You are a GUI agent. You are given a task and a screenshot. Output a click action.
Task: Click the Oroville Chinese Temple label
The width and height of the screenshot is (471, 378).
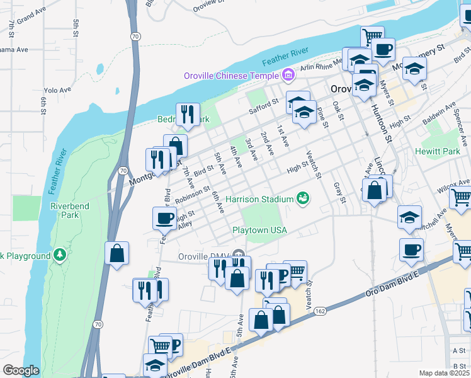pos(230,76)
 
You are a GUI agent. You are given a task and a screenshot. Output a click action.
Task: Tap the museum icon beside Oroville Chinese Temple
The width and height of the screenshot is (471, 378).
pos(288,76)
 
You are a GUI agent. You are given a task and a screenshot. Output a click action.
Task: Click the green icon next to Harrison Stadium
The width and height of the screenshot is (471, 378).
pos(303,199)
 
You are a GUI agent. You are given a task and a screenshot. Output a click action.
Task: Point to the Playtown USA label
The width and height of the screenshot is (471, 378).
pos(259,231)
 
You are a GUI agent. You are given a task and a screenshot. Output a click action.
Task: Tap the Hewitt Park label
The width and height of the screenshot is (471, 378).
pos(438,152)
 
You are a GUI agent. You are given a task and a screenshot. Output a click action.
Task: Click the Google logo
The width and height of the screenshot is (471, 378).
pos(21,370)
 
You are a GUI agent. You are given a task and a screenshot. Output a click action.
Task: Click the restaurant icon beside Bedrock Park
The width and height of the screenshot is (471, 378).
pos(188,114)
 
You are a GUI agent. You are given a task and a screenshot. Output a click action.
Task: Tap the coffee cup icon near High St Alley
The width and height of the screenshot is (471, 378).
pos(165,218)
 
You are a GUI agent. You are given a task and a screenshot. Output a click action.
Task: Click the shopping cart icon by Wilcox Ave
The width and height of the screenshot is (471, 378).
pos(462,198)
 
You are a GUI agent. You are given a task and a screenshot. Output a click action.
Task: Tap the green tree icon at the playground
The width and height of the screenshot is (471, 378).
pos(60,255)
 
